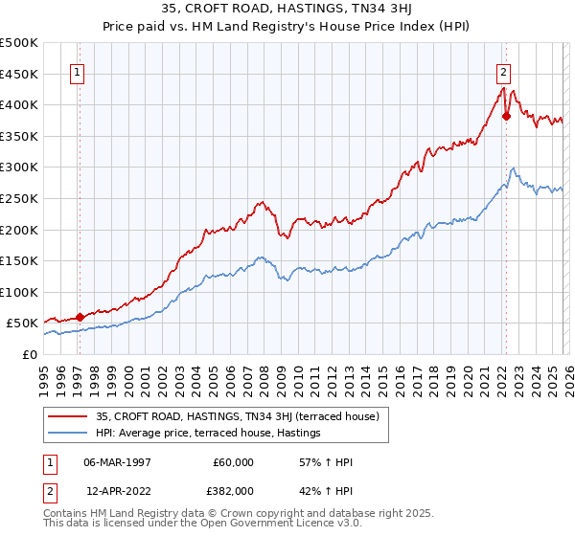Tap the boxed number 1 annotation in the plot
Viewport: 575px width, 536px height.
[x=77, y=70]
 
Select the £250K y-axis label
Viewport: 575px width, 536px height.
[x=19, y=199]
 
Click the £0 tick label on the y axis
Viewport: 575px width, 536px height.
[x=30, y=355]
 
